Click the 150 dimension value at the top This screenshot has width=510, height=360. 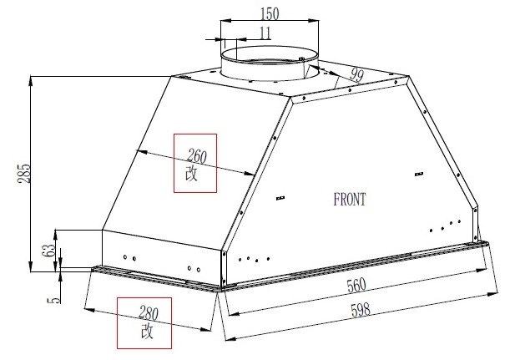[x=270, y=13]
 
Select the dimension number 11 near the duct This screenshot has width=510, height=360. [x=265, y=33]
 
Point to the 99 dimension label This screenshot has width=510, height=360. [x=356, y=75]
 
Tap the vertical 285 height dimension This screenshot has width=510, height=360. [x=23, y=174]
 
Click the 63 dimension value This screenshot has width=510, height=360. [x=49, y=250]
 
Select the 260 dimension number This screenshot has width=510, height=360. [x=197, y=156]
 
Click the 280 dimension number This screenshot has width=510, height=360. [x=149, y=312]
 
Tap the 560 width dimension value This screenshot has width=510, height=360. [x=356, y=286]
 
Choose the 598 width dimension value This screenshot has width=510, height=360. [x=361, y=310]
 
